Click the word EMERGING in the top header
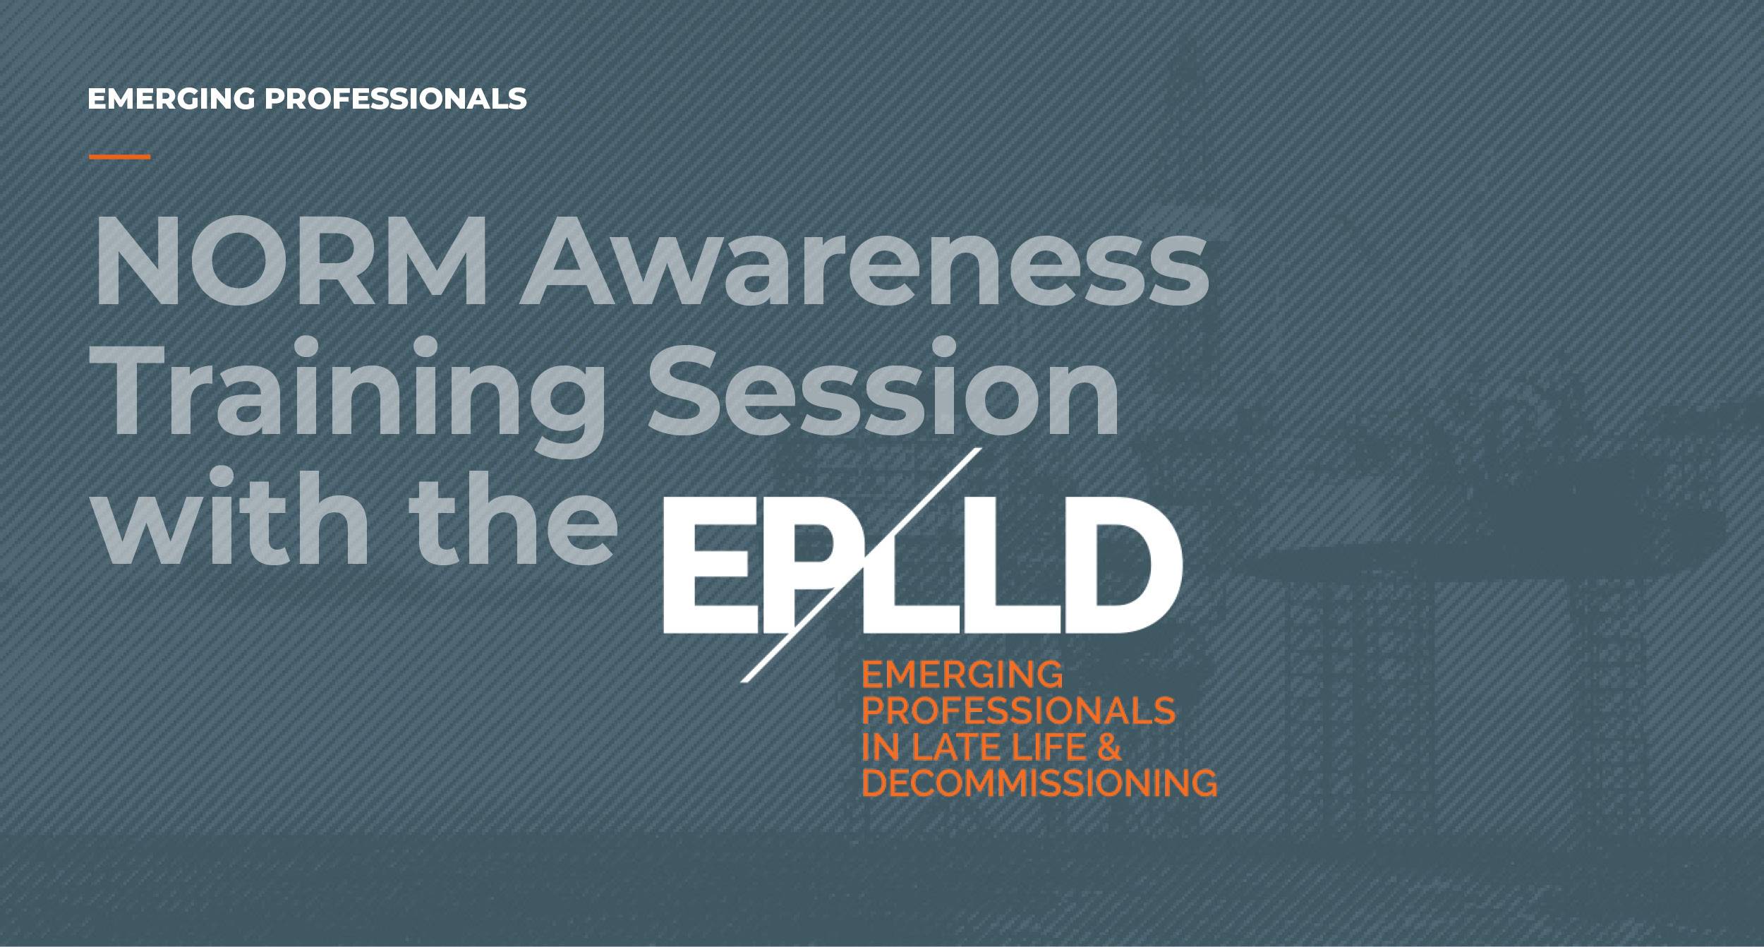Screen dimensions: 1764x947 coord(171,99)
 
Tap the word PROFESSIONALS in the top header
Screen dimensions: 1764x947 coord(395,99)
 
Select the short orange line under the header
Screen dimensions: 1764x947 coord(120,157)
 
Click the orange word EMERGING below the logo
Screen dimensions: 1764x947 coord(962,675)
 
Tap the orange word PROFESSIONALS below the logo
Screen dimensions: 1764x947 coord(1019,711)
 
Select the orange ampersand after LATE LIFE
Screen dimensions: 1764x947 coord(1109,748)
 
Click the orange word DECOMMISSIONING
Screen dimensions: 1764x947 coord(1039,784)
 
